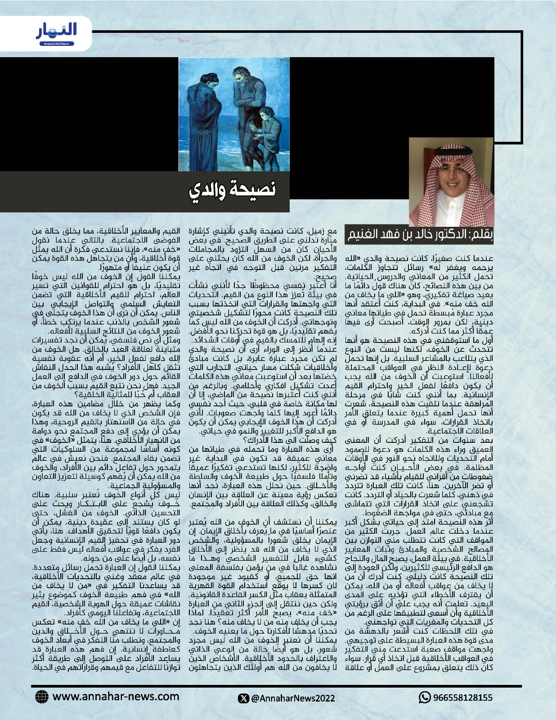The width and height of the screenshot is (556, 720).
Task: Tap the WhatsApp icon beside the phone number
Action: click(x=425, y=697)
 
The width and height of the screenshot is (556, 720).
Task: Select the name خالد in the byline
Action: click(x=433, y=235)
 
